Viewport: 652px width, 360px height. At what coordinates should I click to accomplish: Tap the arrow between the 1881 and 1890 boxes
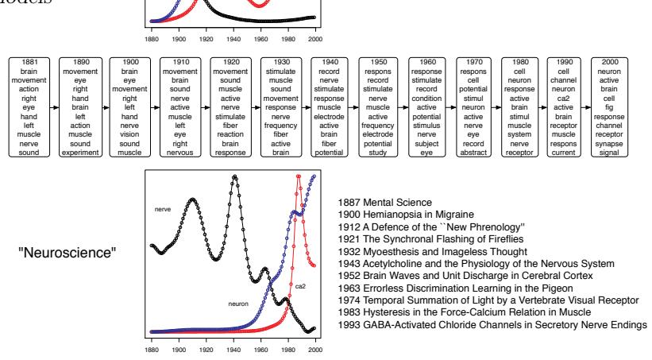(52, 105)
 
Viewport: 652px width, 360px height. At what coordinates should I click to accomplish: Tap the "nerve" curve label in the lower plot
(164, 211)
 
